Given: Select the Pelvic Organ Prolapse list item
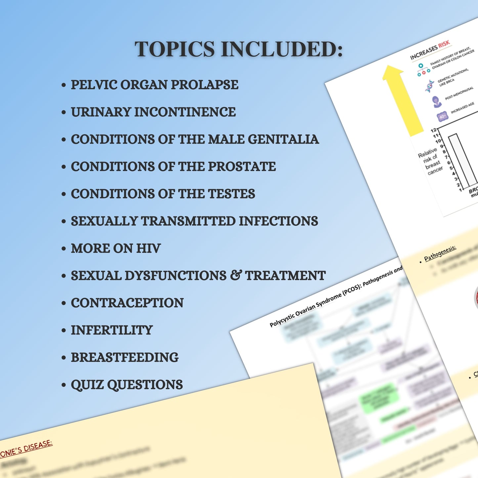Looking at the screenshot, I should point(154,85).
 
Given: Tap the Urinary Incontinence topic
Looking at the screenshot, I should point(153,112).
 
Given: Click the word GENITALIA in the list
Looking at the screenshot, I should point(283,139).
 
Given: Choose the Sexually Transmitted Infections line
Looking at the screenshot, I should point(194,221).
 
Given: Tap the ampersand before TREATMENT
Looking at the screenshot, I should point(236,275).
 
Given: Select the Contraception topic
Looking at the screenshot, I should point(127,303).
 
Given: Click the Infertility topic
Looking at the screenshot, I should point(112,330).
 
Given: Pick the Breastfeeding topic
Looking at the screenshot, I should point(125,358).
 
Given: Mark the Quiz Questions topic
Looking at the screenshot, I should point(127,385).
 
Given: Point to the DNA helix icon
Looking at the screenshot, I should point(430,86).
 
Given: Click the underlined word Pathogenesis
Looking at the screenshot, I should point(440,253).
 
